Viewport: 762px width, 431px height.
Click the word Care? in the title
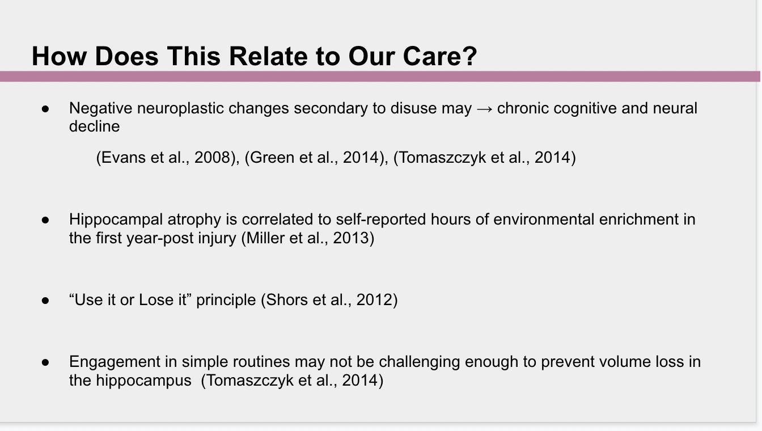coord(440,56)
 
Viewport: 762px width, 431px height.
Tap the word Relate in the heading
coord(268,56)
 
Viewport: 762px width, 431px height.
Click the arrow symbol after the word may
coord(484,109)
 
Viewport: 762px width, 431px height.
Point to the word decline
coord(95,126)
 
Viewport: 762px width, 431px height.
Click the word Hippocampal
coord(116,219)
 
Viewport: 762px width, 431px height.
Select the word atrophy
coord(194,219)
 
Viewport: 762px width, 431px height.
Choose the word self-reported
coord(381,219)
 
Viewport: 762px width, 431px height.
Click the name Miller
coord(265,238)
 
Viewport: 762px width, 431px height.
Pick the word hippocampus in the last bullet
coord(143,381)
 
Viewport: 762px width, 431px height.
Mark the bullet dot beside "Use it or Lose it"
coord(45,301)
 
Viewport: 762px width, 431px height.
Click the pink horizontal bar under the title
coord(380,77)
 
